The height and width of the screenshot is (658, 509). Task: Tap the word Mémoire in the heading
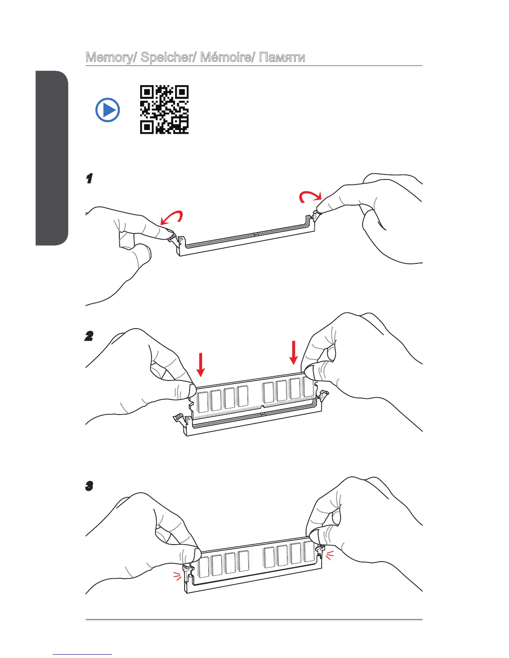point(225,57)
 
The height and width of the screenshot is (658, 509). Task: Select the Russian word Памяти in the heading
point(282,57)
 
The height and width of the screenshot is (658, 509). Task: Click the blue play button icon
point(108,110)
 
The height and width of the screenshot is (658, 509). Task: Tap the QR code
point(164,110)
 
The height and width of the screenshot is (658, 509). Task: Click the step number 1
point(89,179)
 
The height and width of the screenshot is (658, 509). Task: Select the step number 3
point(89,486)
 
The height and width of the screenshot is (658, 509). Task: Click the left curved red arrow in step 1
point(171,217)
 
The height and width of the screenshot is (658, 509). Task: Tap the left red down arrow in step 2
point(201,364)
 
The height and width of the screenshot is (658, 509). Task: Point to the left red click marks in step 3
point(178,576)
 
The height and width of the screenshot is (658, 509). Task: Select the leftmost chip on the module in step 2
point(203,401)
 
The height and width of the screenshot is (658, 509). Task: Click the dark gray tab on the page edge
point(52,158)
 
